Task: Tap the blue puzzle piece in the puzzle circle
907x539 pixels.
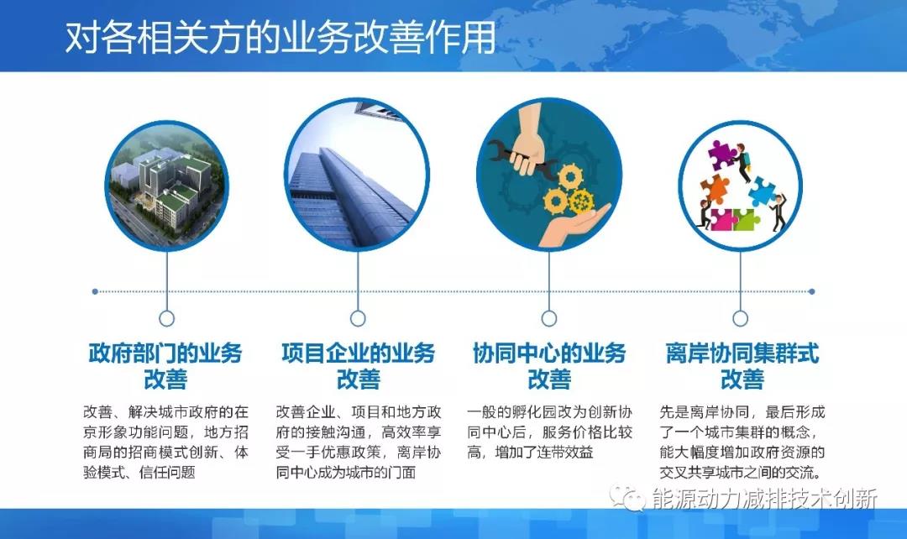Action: coord(762,191)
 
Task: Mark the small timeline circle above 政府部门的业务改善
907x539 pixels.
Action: coord(166,318)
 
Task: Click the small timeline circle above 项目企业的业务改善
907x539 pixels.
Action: coord(358,318)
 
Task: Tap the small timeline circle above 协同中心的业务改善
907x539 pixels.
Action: coord(549,318)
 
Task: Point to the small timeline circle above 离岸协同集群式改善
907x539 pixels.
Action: coord(740,318)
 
